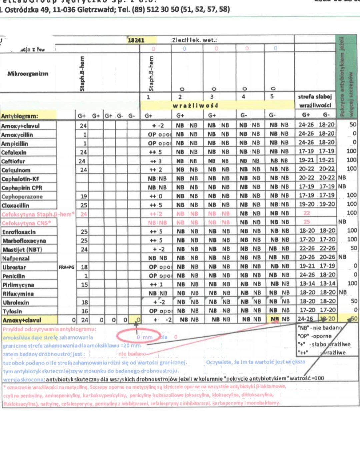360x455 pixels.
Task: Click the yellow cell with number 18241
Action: coord(136,40)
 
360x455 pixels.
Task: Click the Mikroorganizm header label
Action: coord(28,74)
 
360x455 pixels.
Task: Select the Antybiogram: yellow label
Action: coord(20,116)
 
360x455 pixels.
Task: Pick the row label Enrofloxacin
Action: coord(19,232)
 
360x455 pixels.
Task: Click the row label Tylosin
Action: coord(12,311)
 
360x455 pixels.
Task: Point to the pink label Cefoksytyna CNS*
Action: coord(26,223)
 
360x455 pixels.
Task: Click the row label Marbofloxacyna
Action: coord(24,241)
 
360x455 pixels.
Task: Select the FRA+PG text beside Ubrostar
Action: coord(66,267)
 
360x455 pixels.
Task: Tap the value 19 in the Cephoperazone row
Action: coord(84,196)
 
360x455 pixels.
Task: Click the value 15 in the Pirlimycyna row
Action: coord(84,285)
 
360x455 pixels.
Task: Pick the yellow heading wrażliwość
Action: coord(195,106)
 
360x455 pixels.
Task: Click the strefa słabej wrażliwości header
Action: coord(315,101)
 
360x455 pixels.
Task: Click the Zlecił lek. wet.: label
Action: coord(194,40)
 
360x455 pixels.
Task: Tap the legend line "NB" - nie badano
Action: coord(319,328)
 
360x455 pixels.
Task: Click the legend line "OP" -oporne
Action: coord(314,336)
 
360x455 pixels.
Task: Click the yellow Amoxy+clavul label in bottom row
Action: coord(22,320)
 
